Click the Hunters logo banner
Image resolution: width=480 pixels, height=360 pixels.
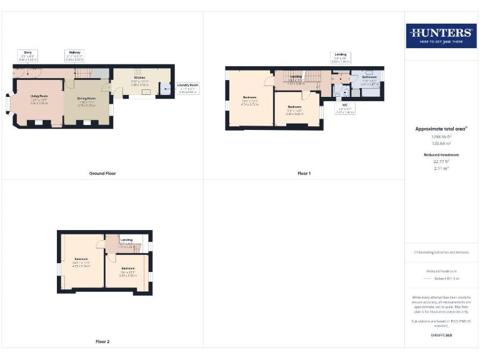(x=441, y=35)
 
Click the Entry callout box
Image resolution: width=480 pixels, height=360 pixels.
(x=28, y=55)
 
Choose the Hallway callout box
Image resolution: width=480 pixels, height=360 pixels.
(x=74, y=55)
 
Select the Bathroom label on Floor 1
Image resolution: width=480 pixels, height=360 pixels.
(x=369, y=79)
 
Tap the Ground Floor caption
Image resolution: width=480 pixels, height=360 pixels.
(x=102, y=173)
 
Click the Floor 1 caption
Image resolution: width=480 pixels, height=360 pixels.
(x=304, y=173)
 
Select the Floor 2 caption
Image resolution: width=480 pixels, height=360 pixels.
(x=102, y=342)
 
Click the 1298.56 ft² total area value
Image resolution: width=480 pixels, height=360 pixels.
(x=441, y=136)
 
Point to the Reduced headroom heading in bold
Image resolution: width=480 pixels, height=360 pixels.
(x=441, y=154)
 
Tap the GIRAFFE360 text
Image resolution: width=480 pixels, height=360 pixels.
(x=441, y=336)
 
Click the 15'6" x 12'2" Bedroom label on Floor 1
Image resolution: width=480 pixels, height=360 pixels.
(x=250, y=102)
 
